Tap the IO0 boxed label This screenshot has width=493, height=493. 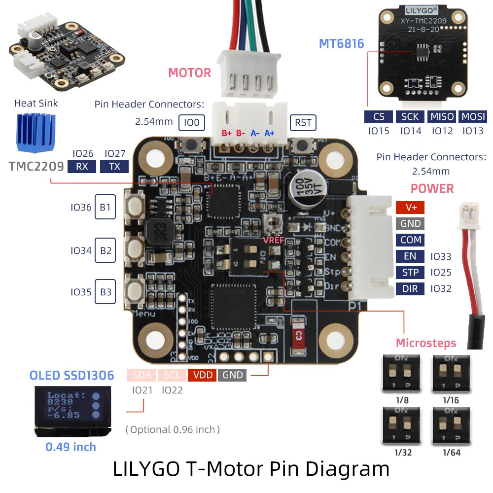pos(192,122)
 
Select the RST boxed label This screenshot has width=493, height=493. pos(303,122)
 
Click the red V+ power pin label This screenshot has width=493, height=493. pos(410,207)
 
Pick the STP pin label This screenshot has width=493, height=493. pos(410,272)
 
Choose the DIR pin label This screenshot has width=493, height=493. pos(410,288)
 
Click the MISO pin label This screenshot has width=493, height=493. pos(442,117)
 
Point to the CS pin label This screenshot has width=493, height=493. pos(379,117)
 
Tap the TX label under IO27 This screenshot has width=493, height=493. pos(114,167)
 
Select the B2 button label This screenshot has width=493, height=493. pos(106,250)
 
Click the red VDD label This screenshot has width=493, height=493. pos(203,375)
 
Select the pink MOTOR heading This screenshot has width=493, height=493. pos(189,73)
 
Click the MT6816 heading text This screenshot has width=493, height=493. pos(341,43)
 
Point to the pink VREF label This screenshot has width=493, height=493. pos(273,240)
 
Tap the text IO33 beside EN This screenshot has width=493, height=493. pos(441,256)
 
